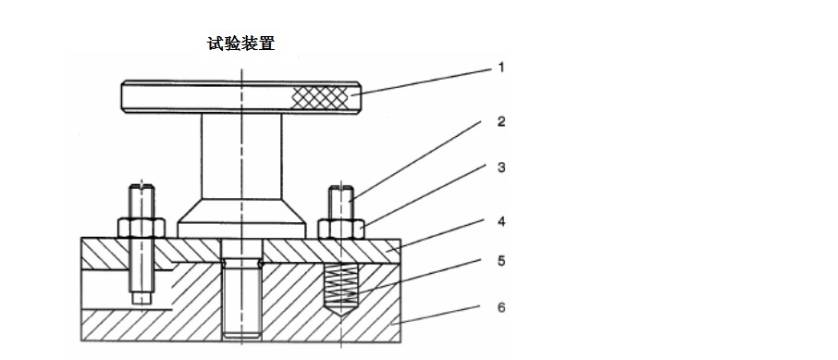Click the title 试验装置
tap(241, 43)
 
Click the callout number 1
tap(501, 68)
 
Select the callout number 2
tap(501, 121)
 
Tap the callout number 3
tap(501, 168)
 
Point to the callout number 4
tap(501, 221)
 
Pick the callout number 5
tap(501, 260)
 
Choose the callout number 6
tap(501, 307)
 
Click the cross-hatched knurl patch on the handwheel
tap(320, 96)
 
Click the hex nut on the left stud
tap(142, 228)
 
